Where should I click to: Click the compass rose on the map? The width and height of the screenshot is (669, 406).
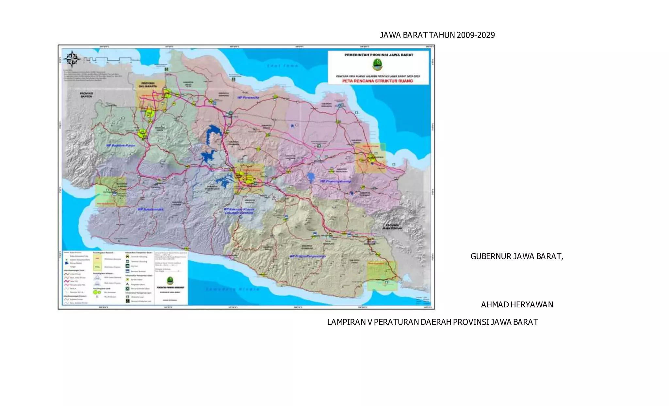[72, 59]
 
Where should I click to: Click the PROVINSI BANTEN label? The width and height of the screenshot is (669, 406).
[87, 95]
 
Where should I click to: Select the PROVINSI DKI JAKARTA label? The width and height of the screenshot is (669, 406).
[148, 85]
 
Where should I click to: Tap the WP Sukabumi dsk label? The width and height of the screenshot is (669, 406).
[151, 209]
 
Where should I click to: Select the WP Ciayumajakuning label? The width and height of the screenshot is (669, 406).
[335, 181]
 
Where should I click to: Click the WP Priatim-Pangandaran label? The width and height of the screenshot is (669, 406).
[308, 256]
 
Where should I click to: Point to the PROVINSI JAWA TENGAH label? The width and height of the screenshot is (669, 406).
[392, 227]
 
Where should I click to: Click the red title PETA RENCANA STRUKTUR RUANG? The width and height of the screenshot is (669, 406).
[378, 81]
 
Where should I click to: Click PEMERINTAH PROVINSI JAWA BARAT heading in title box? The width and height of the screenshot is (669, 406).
[379, 55]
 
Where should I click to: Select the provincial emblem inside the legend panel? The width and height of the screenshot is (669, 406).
[170, 281]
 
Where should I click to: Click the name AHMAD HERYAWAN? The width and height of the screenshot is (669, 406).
[517, 305]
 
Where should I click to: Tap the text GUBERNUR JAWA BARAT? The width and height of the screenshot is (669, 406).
[516, 257]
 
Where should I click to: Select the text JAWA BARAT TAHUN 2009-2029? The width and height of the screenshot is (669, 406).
[437, 35]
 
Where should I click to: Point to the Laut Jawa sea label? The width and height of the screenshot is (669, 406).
[283, 66]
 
